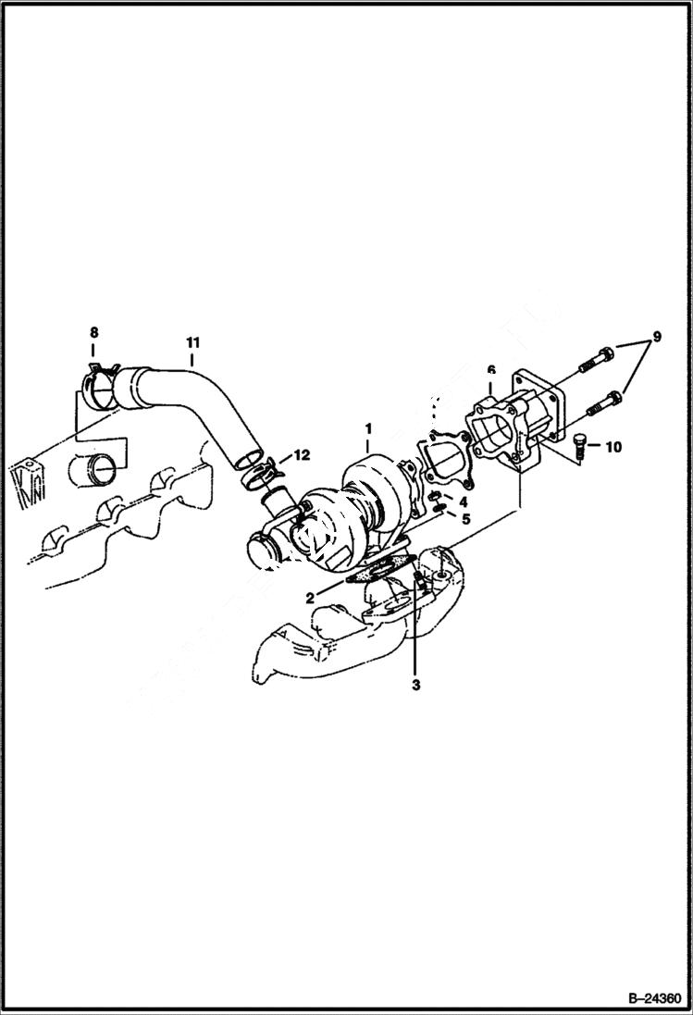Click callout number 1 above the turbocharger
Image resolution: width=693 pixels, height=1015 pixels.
pos(367,429)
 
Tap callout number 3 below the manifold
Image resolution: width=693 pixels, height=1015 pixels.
pos(416,685)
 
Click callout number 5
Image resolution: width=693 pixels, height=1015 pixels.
pos(466,519)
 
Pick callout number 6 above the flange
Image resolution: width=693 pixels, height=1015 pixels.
pos(491,370)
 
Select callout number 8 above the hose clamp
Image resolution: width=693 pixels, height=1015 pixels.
pos(93,332)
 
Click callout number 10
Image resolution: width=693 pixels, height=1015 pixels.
pos(613,447)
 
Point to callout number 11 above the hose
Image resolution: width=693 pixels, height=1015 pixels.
pos(192,340)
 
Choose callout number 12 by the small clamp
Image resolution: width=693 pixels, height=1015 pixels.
pos(302,455)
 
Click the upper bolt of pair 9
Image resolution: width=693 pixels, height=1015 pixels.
pos(594,359)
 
